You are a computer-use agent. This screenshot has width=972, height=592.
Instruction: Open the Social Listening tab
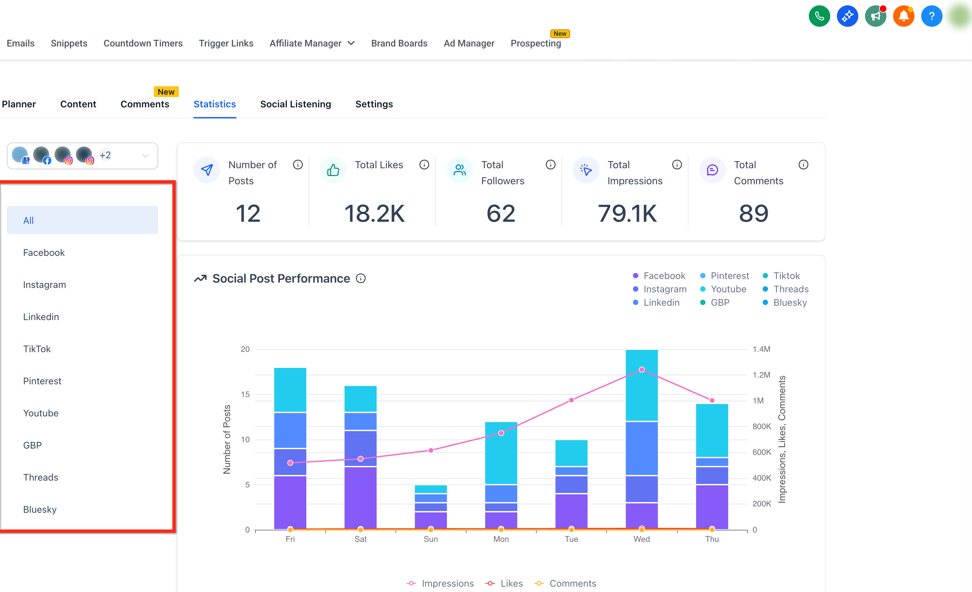[x=296, y=104]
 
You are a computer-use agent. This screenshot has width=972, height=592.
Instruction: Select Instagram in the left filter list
[x=44, y=285]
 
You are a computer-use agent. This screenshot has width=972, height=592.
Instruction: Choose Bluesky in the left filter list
[x=40, y=509]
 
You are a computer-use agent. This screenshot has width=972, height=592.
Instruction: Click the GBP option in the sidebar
[x=32, y=445]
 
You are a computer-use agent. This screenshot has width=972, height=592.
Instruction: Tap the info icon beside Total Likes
[x=424, y=165]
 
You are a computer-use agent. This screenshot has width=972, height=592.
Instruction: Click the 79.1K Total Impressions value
[x=627, y=213]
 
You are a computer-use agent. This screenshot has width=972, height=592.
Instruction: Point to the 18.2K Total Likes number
[x=374, y=213]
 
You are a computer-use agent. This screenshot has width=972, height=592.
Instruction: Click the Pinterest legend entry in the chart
[x=725, y=276]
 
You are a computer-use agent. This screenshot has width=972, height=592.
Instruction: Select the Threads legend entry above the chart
[x=786, y=289]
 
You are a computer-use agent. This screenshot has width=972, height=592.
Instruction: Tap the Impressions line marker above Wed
[x=642, y=369]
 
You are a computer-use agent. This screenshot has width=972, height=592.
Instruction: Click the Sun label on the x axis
[x=431, y=539]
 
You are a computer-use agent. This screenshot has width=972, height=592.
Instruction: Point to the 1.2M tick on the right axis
[x=761, y=375]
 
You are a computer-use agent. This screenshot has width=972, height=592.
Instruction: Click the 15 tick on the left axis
[x=245, y=394]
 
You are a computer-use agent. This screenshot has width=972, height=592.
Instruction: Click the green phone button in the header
[x=819, y=16]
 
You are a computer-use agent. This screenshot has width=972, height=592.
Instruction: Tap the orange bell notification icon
[x=904, y=16]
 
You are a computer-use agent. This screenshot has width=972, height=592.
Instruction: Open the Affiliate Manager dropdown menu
[x=312, y=43]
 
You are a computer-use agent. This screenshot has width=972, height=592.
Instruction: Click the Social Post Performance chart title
[x=281, y=279]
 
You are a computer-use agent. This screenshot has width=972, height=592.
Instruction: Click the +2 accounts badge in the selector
[x=105, y=155]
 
